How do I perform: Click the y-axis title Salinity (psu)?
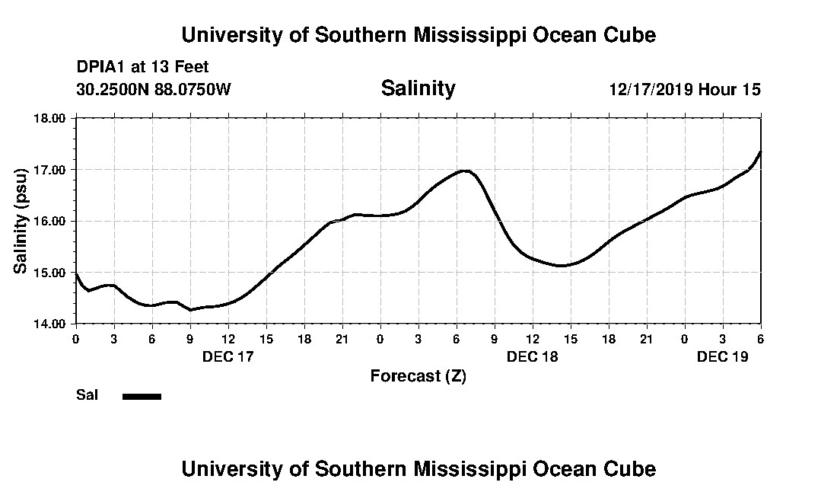tap(21, 221)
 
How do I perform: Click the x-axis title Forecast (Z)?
tap(418, 375)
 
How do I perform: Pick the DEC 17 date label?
tap(228, 356)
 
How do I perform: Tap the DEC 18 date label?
tap(533, 356)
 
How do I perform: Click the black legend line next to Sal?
tap(142, 396)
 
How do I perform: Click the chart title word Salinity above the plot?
tap(418, 88)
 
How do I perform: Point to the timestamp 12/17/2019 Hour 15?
tap(684, 90)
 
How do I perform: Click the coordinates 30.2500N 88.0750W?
tap(154, 90)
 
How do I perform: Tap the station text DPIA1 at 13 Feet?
tap(142, 67)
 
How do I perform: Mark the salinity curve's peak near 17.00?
tap(464, 171)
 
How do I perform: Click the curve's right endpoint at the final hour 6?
tap(760, 152)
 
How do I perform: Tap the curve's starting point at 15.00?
tap(76, 273)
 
